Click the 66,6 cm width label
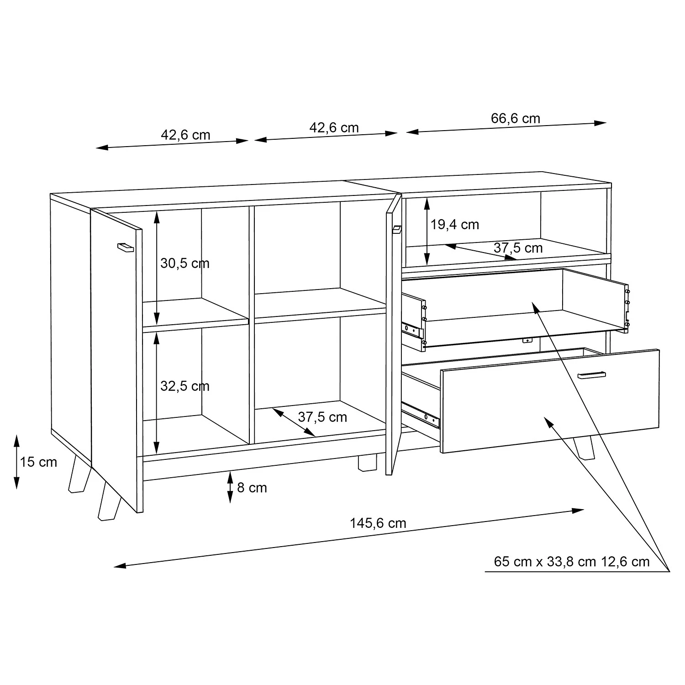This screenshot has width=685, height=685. (x=516, y=118)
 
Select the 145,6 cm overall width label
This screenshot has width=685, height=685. (x=378, y=523)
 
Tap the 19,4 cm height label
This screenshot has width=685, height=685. (x=455, y=225)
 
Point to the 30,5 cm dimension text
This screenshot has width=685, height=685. (x=185, y=263)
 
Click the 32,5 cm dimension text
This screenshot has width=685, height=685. (x=185, y=386)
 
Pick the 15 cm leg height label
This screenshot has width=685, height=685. (x=39, y=462)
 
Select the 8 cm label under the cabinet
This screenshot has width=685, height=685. (x=252, y=488)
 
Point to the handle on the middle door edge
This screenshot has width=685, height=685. (x=396, y=229)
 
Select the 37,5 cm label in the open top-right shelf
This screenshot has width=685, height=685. (x=518, y=248)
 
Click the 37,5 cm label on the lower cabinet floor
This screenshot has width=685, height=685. (x=322, y=417)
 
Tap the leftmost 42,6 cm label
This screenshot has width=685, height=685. (x=185, y=135)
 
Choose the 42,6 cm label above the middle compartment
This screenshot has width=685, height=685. (x=334, y=127)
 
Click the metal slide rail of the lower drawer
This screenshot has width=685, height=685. (x=421, y=413)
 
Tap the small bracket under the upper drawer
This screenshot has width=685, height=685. (x=527, y=340)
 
